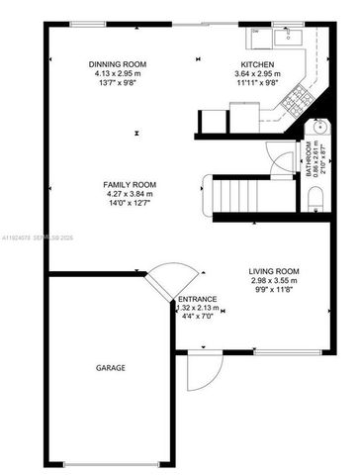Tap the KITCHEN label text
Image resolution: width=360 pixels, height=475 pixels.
coord(255,64)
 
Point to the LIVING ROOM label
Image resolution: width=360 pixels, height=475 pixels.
coord(274,271)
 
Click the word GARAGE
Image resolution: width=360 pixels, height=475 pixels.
coord(110,367)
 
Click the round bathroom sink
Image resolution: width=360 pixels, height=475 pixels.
coord(317,128)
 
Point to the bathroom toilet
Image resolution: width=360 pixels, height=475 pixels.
coord(316,201)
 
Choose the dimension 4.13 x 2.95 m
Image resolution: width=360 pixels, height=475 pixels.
coord(120,73)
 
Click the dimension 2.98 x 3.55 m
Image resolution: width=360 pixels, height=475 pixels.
coord(274,280)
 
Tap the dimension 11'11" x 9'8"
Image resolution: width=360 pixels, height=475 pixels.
coord(255,82)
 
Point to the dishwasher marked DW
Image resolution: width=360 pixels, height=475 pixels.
coord(255,32)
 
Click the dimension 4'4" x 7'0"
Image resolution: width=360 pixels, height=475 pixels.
coord(195,316)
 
